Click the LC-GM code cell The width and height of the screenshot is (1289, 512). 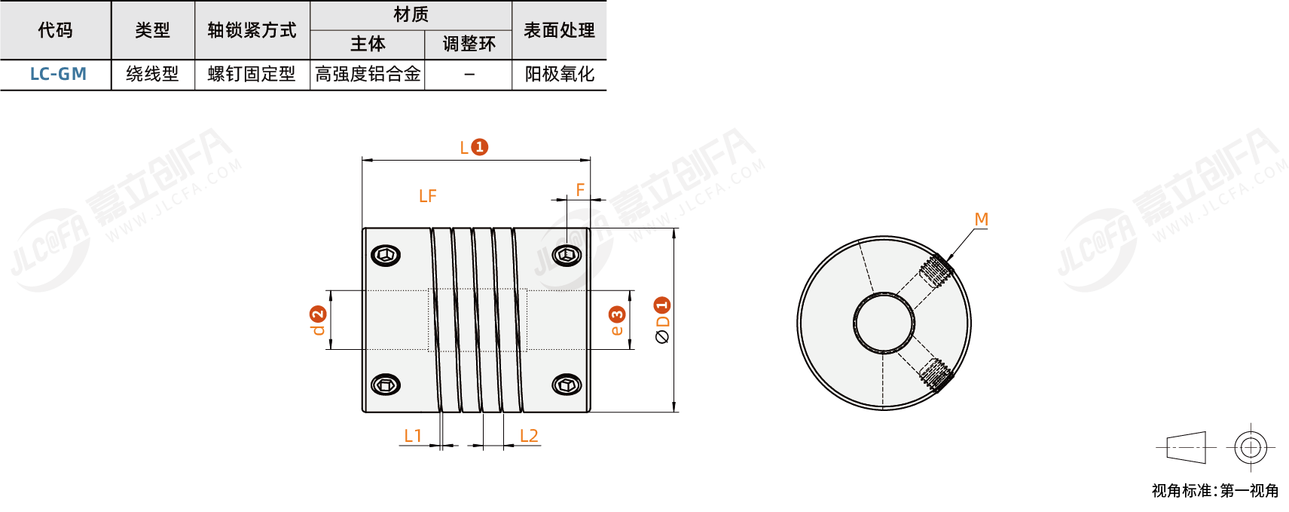click(x=58, y=74)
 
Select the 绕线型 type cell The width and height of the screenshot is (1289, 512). click(x=152, y=74)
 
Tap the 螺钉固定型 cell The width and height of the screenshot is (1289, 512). click(x=252, y=74)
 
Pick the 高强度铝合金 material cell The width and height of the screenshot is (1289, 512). click(x=368, y=74)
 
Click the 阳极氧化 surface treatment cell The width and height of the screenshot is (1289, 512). click(x=559, y=74)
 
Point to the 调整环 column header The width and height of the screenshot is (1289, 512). click(x=469, y=44)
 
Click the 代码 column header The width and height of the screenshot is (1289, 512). click(x=55, y=30)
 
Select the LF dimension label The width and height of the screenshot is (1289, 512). click(x=427, y=196)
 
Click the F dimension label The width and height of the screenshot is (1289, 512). click(x=580, y=189)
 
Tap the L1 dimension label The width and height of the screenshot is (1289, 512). click(x=413, y=436)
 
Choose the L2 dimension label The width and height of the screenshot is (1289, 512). click(x=529, y=436)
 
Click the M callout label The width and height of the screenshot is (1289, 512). click(x=981, y=219)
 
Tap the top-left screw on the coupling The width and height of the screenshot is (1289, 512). click(x=386, y=255)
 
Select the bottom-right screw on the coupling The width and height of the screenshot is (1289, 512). click(x=567, y=385)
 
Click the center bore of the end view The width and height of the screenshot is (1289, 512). click(x=884, y=323)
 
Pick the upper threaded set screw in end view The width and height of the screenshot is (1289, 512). click(x=937, y=270)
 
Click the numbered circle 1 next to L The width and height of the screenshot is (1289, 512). click(x=479, y=147)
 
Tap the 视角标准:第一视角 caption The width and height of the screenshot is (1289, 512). click(x=1214, y=491)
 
